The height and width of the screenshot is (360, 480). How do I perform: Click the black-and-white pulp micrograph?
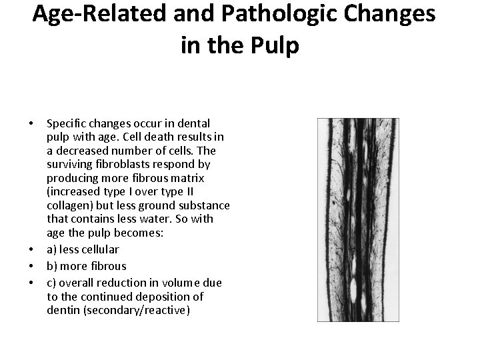tap(358, 220)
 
